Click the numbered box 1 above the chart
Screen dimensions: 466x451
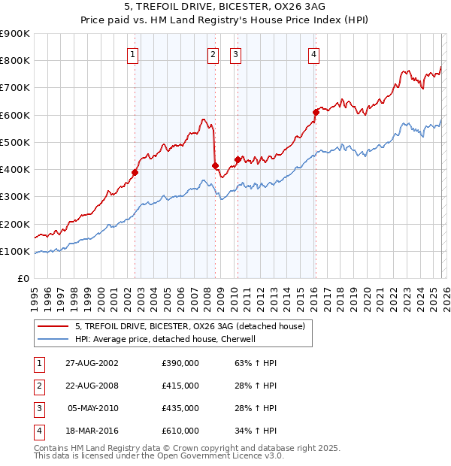coord(132,53)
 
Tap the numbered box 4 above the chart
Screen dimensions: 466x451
coord(313,53)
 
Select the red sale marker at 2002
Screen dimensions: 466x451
coord(135,172)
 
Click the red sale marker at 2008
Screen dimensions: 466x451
coord(215,165)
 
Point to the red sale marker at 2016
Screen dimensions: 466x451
coord(316,112)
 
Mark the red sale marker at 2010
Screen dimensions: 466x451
coord(238,159)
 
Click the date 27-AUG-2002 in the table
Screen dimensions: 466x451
coord(92,362)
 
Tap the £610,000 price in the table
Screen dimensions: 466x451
coord(180,431)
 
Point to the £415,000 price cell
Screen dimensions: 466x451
coord(180,386)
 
